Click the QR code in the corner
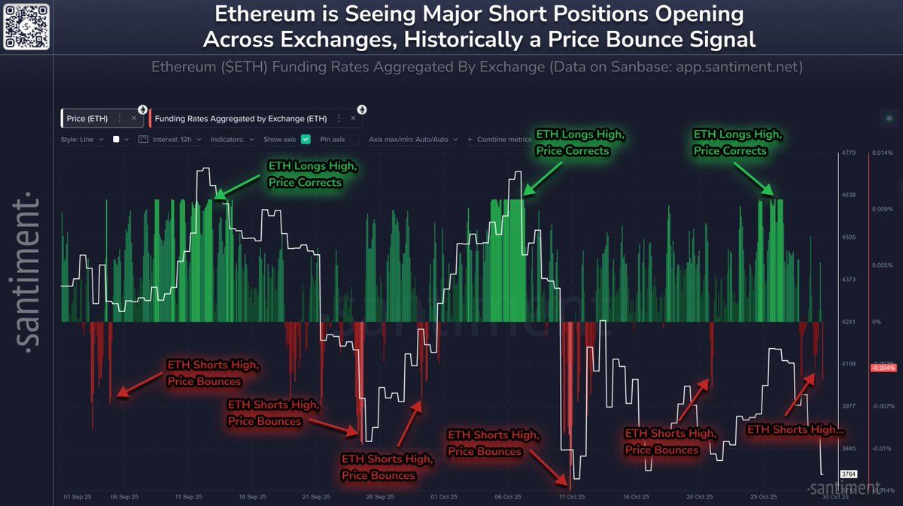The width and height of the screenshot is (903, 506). tap(26, 26)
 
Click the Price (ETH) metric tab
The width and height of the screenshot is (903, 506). tap(87, 119)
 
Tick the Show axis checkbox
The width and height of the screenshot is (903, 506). tap(306, 139)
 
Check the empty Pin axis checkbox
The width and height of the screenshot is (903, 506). tap(354, 139)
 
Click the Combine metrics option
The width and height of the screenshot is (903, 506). tap(499, 139)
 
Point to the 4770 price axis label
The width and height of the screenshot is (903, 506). tap(849, 153)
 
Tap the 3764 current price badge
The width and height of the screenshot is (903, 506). tap(849, 474)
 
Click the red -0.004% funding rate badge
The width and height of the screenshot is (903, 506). tap(883, 368)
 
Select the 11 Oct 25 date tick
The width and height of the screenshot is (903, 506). tap(571, 497)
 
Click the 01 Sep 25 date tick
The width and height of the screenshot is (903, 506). tap(78, 497)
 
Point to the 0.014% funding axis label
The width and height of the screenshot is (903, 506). tap(882, 153)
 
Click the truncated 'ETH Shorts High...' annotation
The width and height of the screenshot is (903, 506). tap(795, 429)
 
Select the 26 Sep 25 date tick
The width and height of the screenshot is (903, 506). tap(379, 497)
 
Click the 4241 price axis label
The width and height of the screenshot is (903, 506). tap(849, 322)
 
